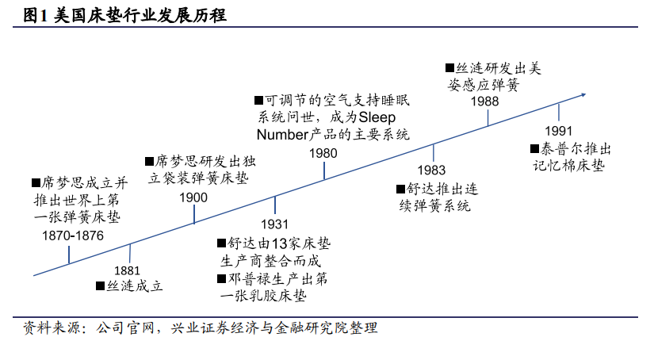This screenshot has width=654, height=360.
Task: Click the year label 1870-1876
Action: pyautogui.click(x=73, y=236)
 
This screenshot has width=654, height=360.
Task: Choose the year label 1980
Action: pyautogui.click(x=323, y=153)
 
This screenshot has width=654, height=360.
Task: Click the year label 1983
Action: pyautogui.click(x=431, y=170)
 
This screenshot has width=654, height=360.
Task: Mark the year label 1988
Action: pyautogui.click(x=484, y=101)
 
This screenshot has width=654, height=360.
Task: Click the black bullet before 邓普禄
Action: pyautogui.click(x=220, y=278)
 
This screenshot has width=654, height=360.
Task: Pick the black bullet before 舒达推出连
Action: pyautogui.click(x=400, y=189)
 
